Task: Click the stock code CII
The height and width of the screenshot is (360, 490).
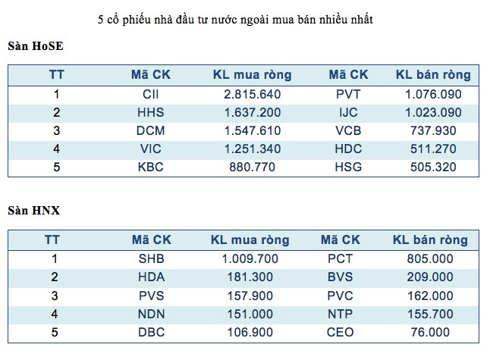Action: click(151, 95)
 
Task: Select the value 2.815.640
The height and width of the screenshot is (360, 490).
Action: click(252, 95)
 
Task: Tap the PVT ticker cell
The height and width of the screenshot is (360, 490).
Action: click(348, 95)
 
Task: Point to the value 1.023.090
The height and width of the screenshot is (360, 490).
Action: click(433, 112)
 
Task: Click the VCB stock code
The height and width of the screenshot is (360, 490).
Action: click(348, 130)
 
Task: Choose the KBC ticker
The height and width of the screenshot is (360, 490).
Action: click(151, 167)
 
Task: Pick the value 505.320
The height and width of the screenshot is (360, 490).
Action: click(433, 167)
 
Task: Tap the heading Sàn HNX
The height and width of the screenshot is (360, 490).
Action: click(34, 210)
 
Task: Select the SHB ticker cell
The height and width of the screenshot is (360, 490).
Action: click(151, 258)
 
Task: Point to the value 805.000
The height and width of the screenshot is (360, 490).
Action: click(430, 258)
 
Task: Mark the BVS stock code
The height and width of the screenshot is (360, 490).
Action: click(340, 277)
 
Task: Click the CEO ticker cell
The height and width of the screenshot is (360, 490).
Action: click(340, 332)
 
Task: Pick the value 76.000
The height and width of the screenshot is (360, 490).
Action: click(430, 332)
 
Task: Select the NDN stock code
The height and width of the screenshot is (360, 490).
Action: click(151, 314)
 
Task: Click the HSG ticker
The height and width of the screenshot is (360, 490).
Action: click(348, 167)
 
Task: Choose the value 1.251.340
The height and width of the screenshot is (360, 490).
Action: click(252, 149)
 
